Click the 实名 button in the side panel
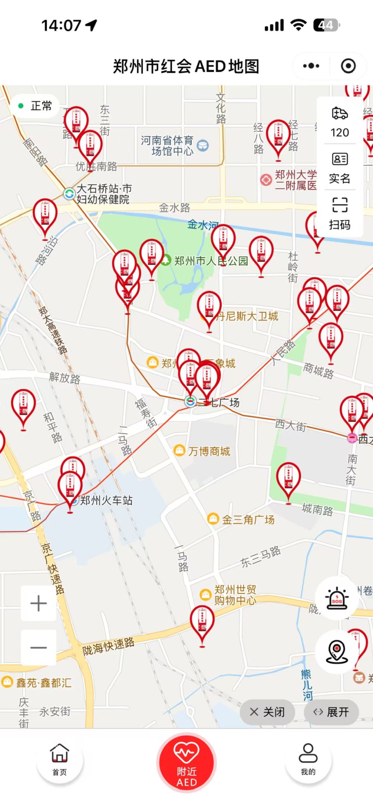(x=340, y=167)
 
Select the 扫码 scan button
(x=340, y=214)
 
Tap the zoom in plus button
(x=38, y=603)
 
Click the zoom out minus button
(x=38, y=647)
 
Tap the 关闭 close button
(x=267, y=712)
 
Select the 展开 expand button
(x=331, y=712)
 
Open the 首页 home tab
(x=60, y=759)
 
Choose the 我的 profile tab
(x=308, y=759)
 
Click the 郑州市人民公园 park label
(x=211, y=261)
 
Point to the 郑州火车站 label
(x=106, y=500)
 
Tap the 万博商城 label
(x=209, y=451)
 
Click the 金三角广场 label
(x=248, y=519)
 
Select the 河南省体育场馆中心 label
(x=167, y=145)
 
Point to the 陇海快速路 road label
(x=108, y=646)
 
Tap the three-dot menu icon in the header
(x=311, y=66)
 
